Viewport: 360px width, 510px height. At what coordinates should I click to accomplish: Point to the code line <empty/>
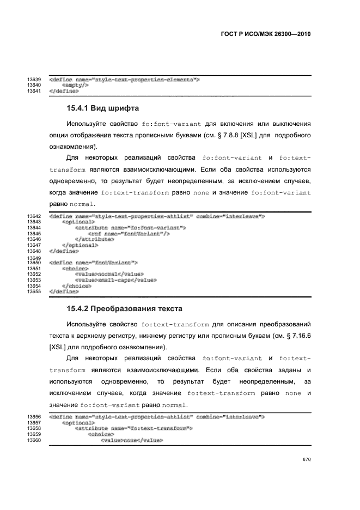[x=76, y=86]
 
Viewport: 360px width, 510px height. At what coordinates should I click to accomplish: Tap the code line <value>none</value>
[x=132, y=440]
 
